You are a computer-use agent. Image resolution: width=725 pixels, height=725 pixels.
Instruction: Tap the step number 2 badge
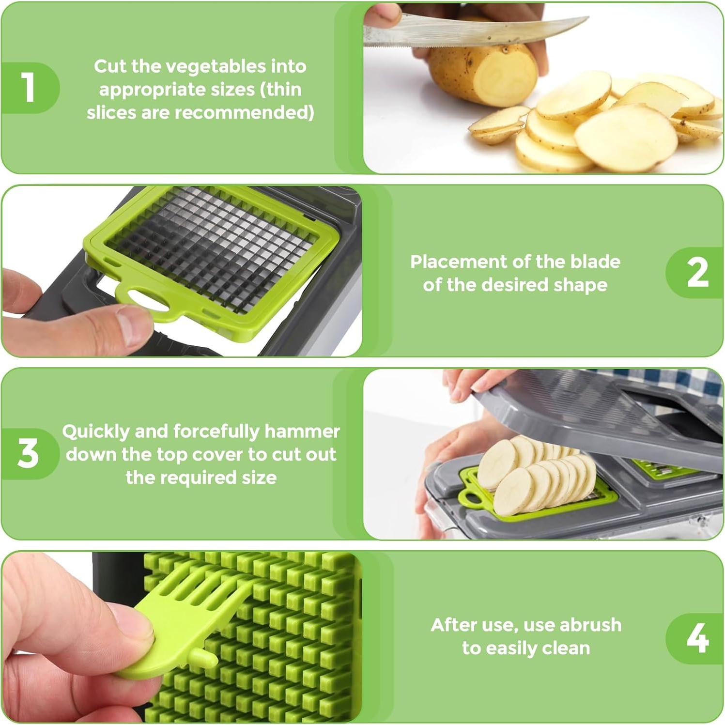coord(696,273)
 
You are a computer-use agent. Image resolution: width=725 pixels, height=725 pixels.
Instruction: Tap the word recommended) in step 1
coord(244,113)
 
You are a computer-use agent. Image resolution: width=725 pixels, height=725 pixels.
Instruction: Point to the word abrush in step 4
coord(590,625)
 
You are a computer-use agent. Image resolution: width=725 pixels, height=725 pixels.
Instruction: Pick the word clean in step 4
coord(566,648)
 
